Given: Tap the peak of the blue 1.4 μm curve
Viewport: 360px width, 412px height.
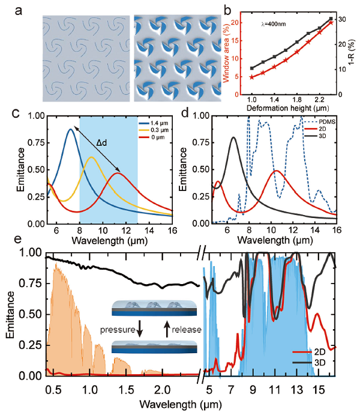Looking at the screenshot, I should pyautogui.click(x=71, y=129).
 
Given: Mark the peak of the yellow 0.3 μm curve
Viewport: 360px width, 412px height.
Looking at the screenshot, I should pyautogui.click(x=91, y=157).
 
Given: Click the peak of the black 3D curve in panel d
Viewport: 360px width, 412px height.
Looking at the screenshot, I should pyautogui.click(x=233, y=138).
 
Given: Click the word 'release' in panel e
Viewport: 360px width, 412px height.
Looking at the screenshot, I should pyautogui.click(x=185, y=330).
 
